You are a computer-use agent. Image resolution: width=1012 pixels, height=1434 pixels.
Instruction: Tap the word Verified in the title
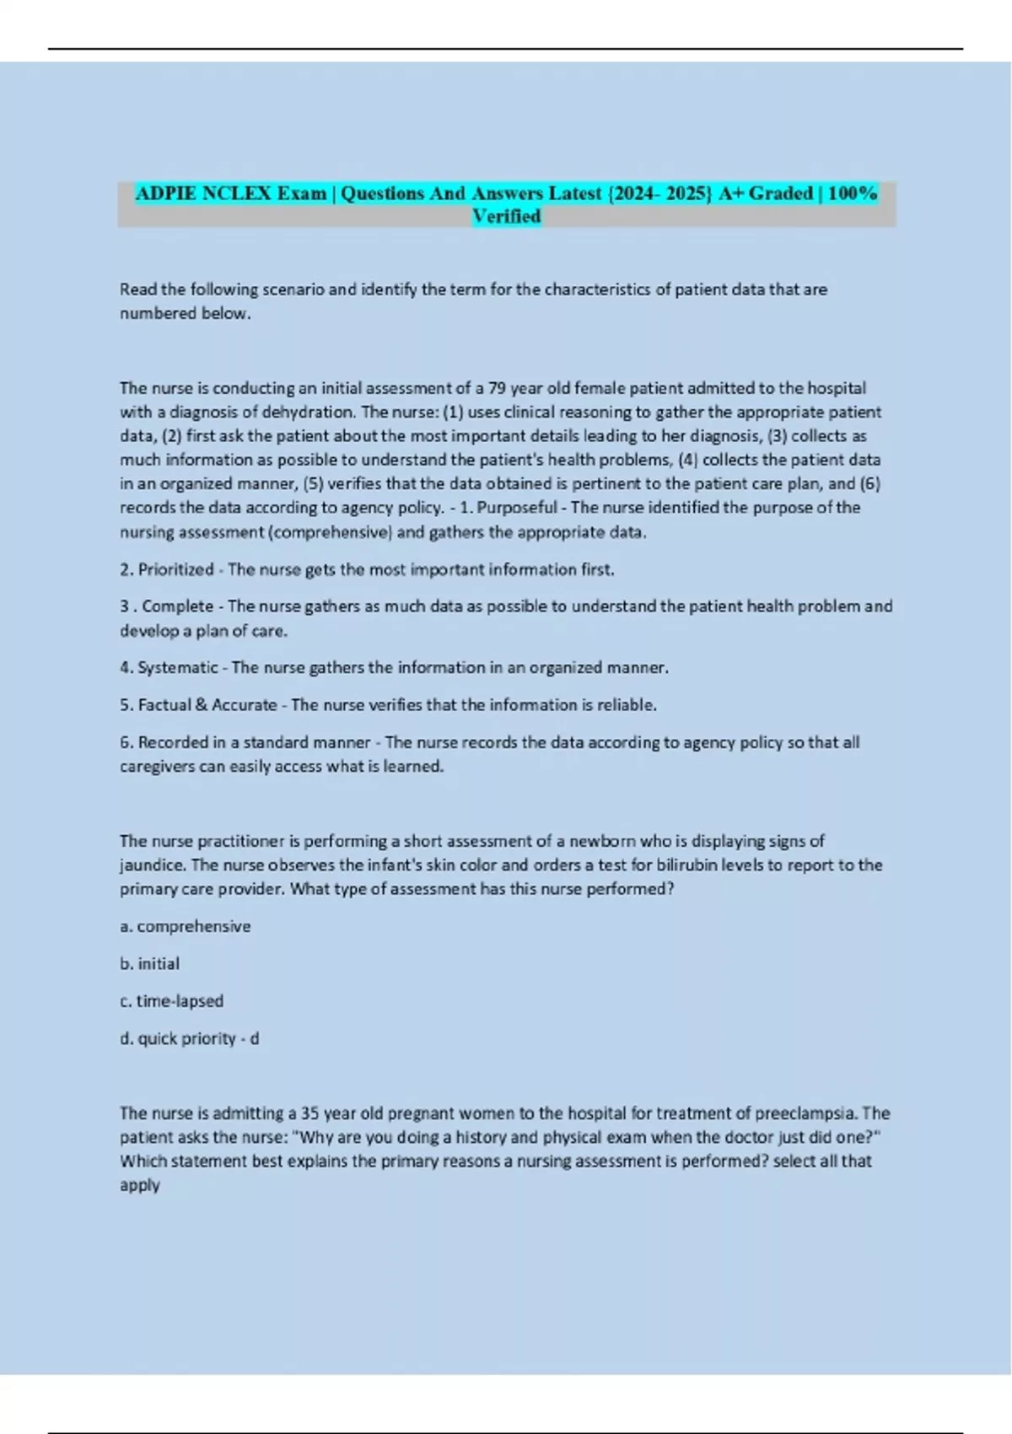click(x=506, y=217)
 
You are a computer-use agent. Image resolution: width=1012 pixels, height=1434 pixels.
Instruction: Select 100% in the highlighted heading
click(x=853, y=193)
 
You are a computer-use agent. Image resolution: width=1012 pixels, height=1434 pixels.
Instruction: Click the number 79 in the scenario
click(x=498, y=388)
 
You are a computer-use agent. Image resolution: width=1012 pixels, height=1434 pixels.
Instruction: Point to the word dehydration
click(x=309, y=412)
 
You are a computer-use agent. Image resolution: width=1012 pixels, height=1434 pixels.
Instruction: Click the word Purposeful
click(x=517, y=508)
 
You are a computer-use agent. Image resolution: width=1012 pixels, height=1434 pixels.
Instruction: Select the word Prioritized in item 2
click(x=175, y=570)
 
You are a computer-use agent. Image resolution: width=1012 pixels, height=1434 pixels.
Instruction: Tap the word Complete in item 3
click(x=177, y=606)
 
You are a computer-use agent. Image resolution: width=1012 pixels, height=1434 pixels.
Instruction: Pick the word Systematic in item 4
click(x=178, y=668)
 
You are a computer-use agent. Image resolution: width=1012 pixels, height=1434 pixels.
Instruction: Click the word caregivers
click(x=157, y=767)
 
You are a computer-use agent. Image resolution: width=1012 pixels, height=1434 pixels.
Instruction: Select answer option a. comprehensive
click(x=186, y=927)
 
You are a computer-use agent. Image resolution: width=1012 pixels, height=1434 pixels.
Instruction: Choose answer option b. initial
click(x=150, y=964)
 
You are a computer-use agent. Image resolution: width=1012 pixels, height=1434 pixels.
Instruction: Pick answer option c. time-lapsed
click(x=172, y=1001)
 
